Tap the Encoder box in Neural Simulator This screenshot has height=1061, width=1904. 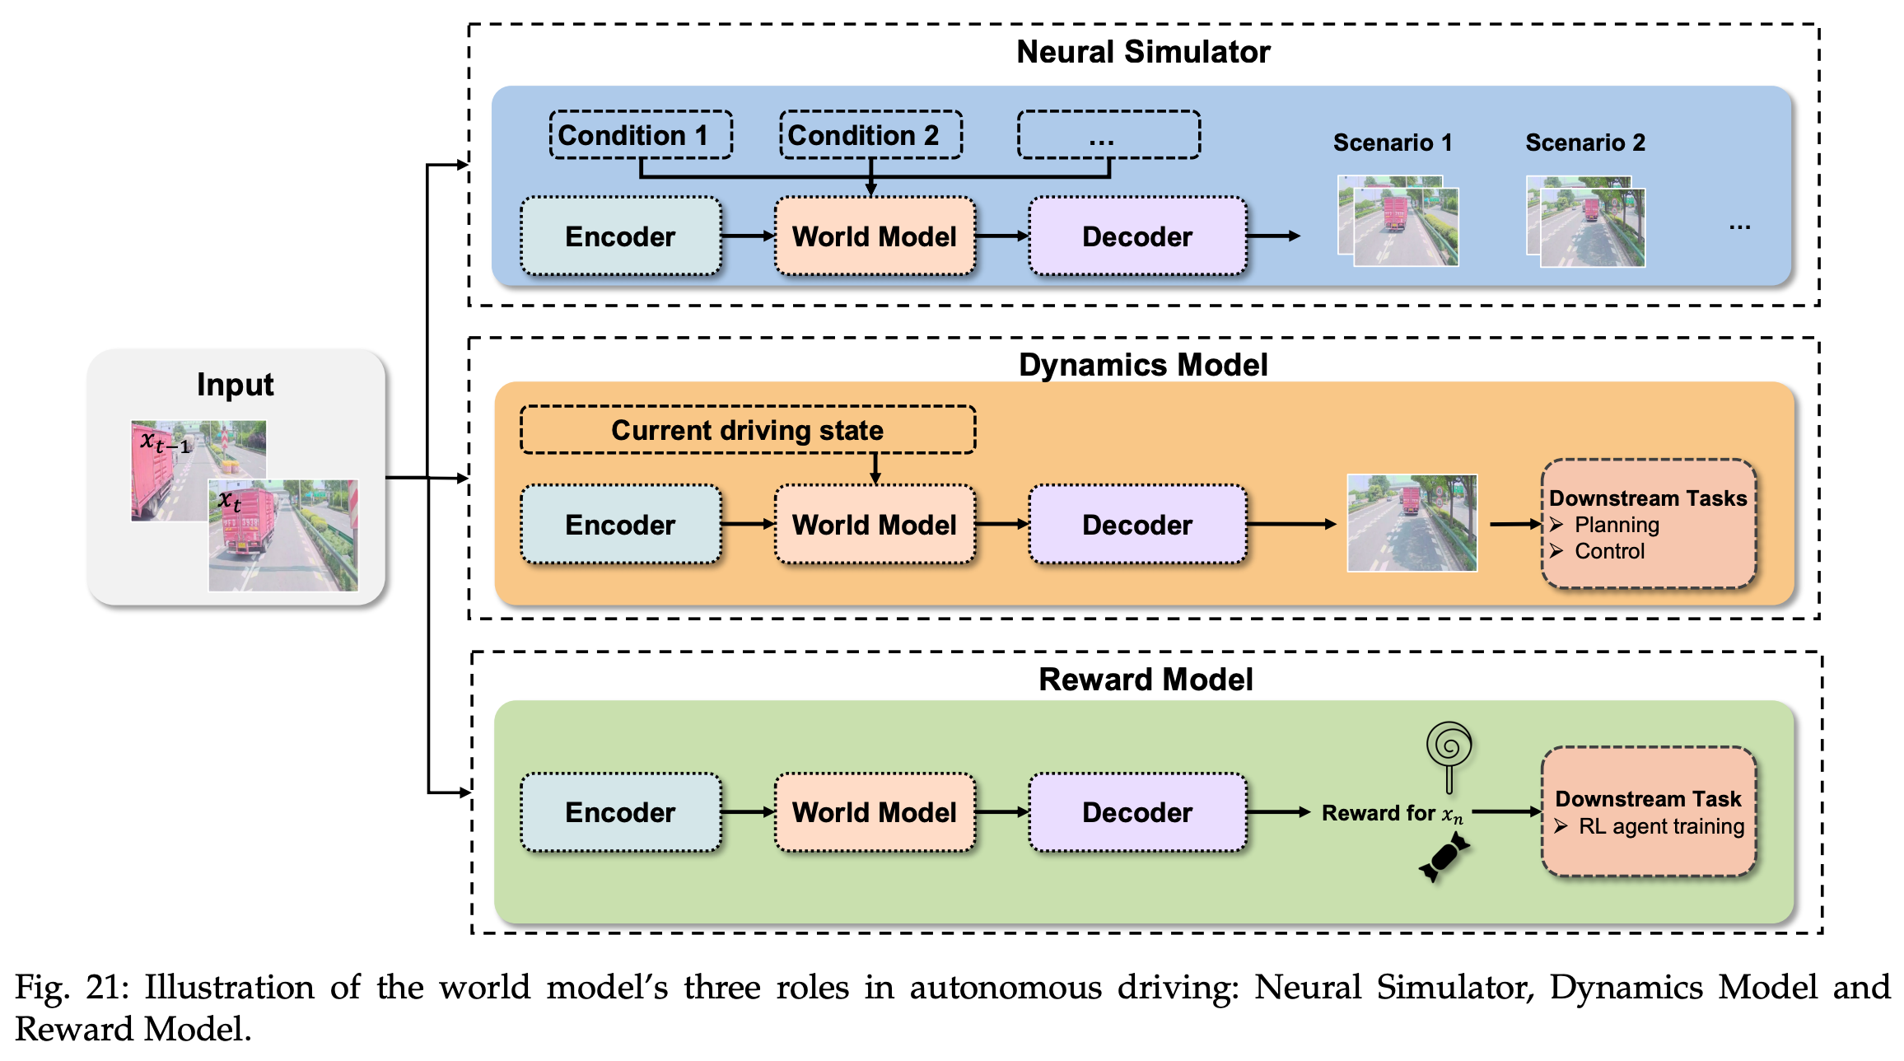(620, 236)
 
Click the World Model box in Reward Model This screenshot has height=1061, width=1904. (875, 812)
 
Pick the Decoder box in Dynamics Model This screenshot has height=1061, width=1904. (1136, 525)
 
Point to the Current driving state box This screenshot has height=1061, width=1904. (747, 430)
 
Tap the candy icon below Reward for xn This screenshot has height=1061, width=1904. (1444, 857)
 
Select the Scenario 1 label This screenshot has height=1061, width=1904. (1393, 143)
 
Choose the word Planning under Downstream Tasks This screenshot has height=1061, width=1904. (1617, 525)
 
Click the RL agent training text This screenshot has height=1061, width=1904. (1661, 826)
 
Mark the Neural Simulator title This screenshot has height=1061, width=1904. (1143, 52)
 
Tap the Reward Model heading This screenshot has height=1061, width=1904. (1146, 680)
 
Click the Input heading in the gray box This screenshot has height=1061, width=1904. (235, 385)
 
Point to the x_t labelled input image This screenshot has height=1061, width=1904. (283, 535)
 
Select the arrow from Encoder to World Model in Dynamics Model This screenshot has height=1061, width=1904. (748, 524)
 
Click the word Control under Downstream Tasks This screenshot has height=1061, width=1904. (1609, 551)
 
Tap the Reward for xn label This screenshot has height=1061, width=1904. (1392, 814)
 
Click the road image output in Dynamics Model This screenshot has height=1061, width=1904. (1412, 523)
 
